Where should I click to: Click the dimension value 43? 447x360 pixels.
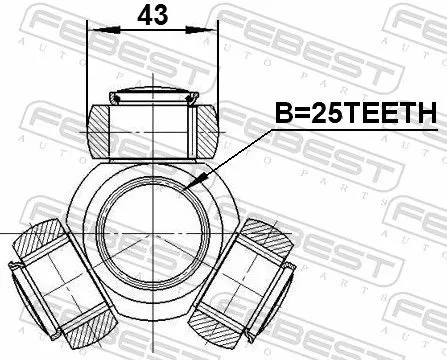[x=153, y=16]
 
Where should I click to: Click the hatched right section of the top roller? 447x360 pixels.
[x=205, y=128]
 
